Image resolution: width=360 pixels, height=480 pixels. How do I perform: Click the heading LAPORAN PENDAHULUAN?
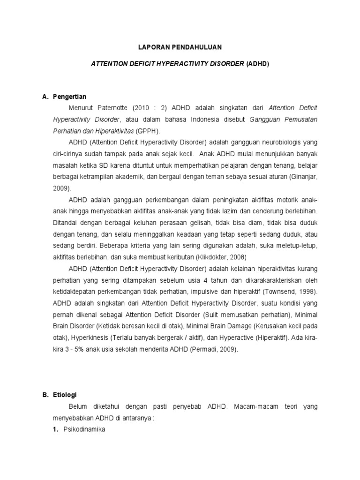click(180, 48)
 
